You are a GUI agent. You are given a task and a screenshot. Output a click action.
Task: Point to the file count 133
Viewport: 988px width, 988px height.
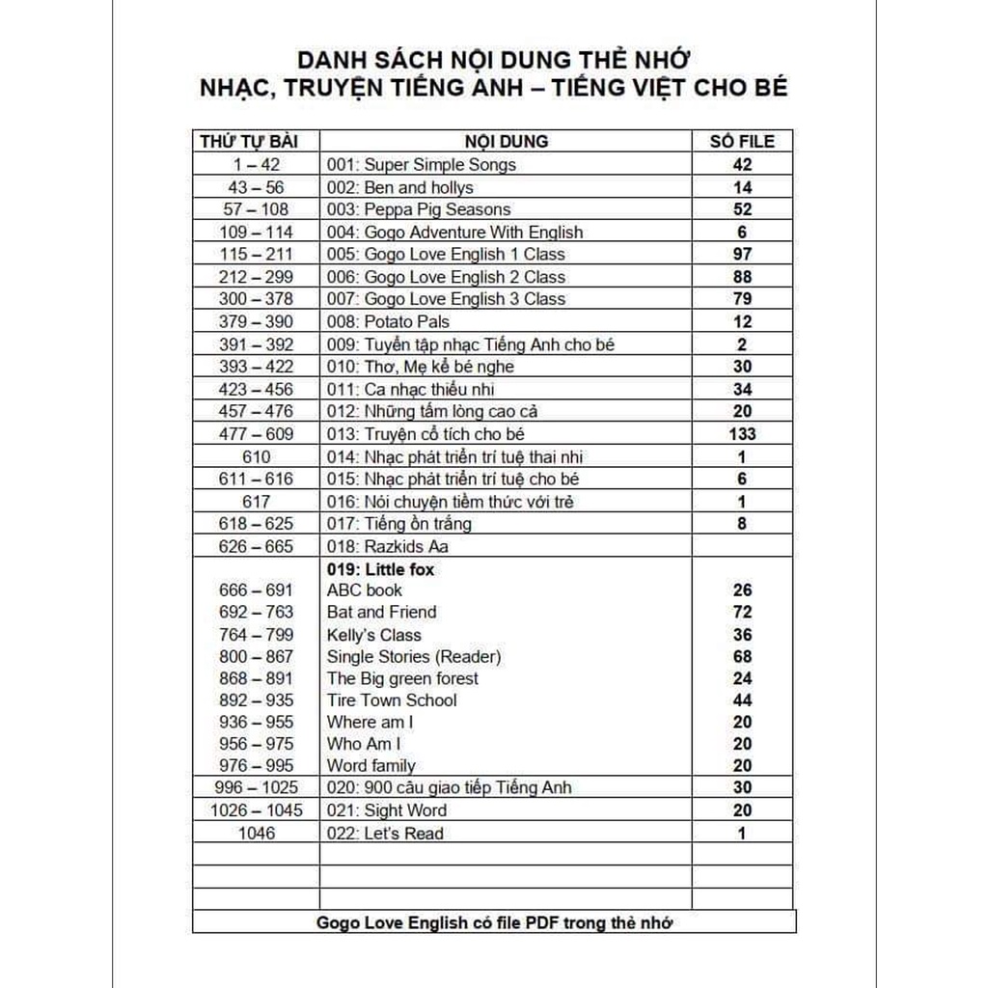pyautogui.click(x=741, y=434)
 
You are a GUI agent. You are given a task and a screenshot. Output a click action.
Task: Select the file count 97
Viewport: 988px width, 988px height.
pyautogui.click(x=741, y=254)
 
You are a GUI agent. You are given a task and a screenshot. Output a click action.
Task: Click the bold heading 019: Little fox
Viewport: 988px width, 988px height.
pyautogui.click(x=380, y=569)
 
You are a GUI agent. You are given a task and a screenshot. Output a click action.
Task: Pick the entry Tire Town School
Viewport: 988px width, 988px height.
pyautogui.click(x=392, y=700)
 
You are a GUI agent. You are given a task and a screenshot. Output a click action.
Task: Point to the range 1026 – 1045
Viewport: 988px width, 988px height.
pyautogui.click(x=256, y=810)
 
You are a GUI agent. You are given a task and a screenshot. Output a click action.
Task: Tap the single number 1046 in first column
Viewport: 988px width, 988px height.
pyautogui.click(x=256, y=833)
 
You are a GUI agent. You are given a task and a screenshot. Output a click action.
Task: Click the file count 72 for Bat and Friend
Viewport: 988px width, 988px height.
pyautogui.click(x=741, y=612)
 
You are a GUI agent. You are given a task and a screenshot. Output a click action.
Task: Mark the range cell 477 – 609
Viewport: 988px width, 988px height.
pyautogui.click(x=256, y=434)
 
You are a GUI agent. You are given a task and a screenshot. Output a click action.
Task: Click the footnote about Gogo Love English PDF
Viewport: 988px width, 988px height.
pyautogui.click(x=494, y=922)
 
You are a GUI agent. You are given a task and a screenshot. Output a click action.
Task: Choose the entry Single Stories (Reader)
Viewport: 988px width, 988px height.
pyautogui.click(x=414, y=657)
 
